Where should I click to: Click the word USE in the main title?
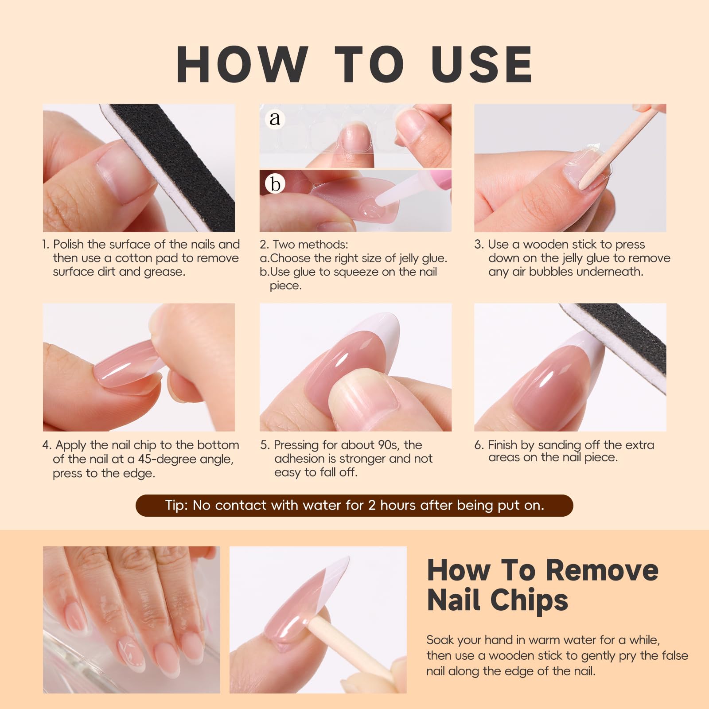point(482,65)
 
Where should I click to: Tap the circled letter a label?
point(275,118)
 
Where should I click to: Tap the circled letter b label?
point(275,183)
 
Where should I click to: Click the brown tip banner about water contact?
point(354,506)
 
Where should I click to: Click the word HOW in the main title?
point(242,65)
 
